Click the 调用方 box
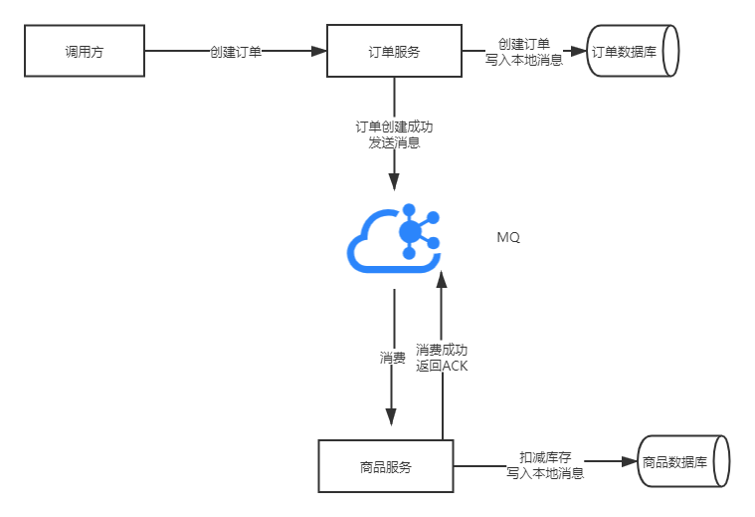point(84,51)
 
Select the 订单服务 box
point(393,51)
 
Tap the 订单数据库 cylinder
point(634,51)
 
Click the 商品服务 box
point(385,465)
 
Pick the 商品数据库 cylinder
point(683,461)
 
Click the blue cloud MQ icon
point(394,236)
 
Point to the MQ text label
point(508,238)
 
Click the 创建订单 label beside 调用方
point(236,51)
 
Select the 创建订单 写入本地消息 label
point(523,51)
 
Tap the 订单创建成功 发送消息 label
point(394,134)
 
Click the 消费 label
point(392,357)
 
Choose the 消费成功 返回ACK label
point(442,357)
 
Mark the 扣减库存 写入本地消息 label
point(545,465)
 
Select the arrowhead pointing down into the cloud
point(394,181)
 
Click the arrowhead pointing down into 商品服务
point(392,417)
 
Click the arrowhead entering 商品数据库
point(629,462)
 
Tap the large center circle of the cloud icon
point(409,231)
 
